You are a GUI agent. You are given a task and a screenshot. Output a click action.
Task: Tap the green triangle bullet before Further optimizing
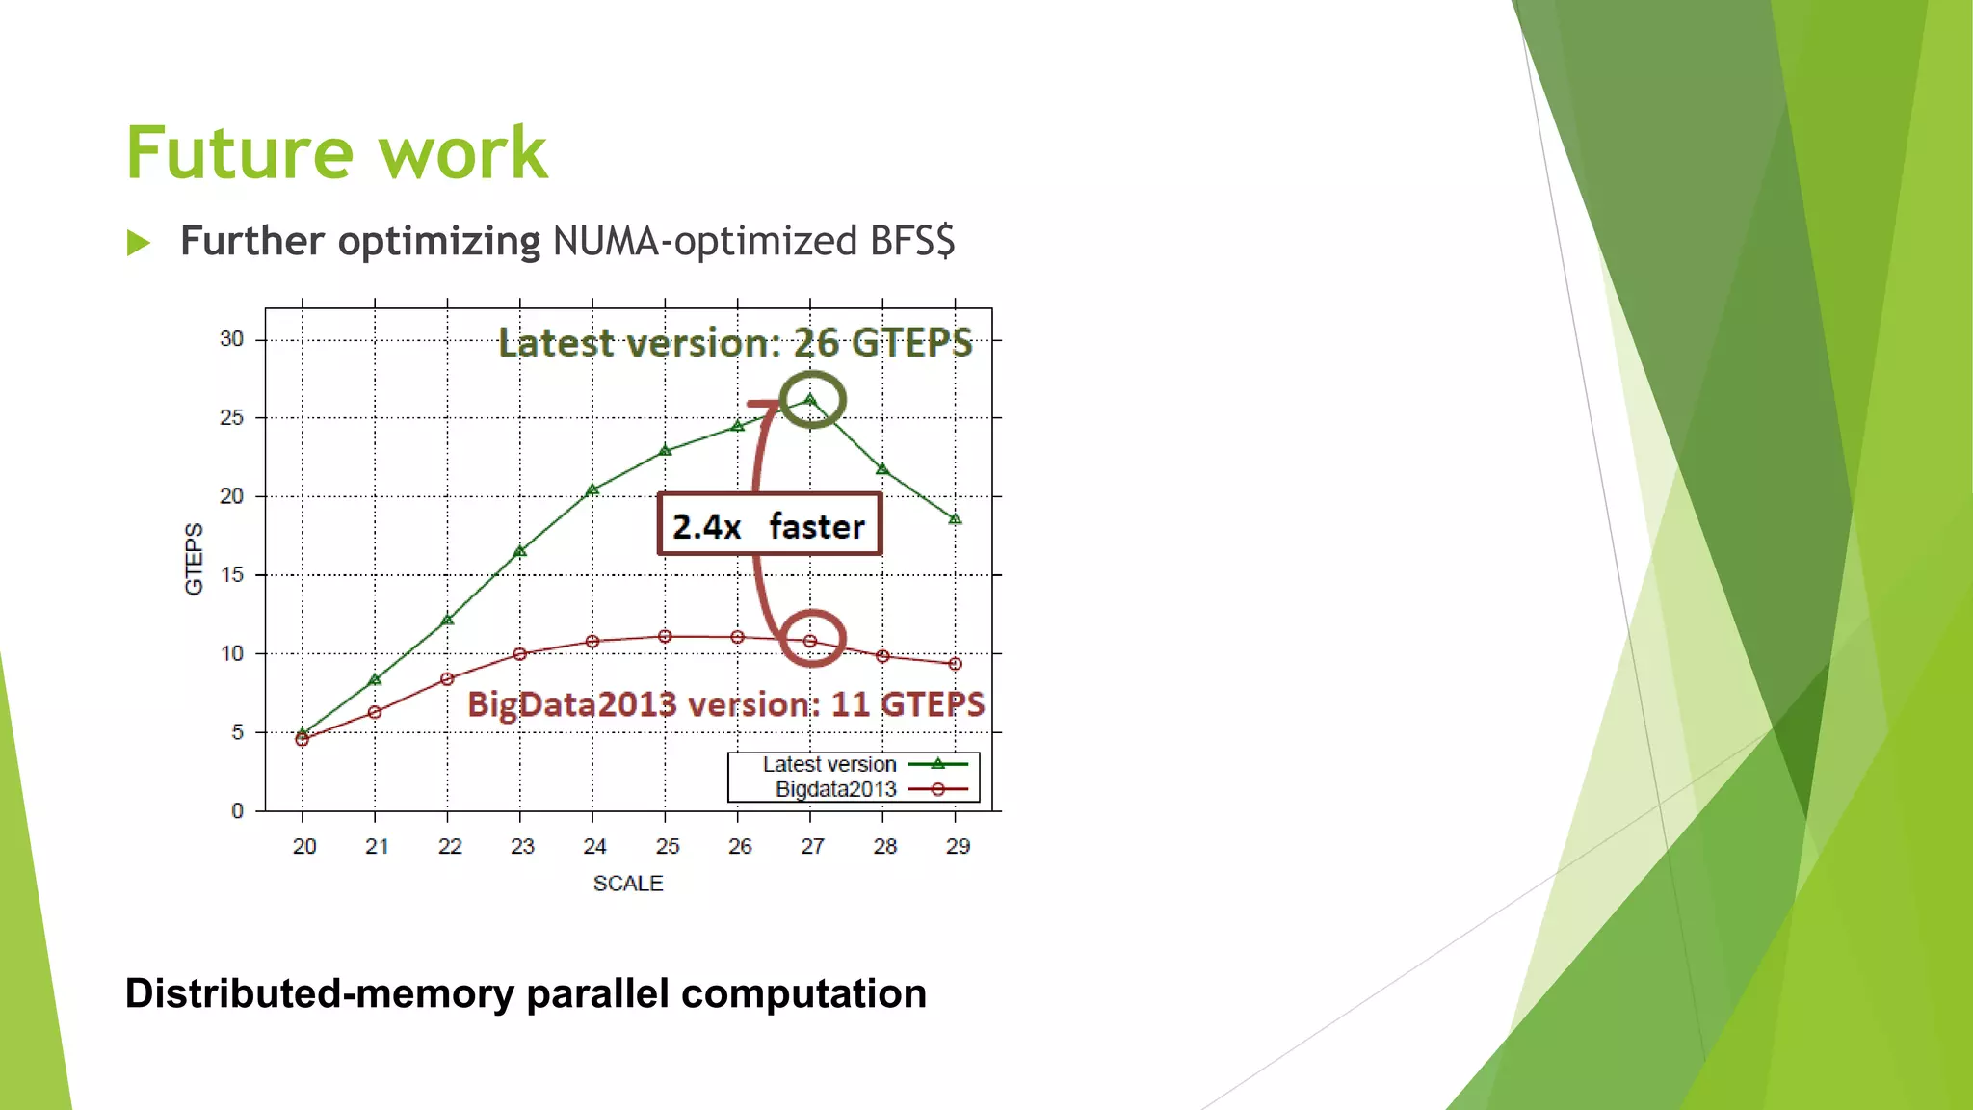[x=139, y=243]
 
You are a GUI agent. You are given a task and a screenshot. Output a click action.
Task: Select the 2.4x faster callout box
[x=769, y=525]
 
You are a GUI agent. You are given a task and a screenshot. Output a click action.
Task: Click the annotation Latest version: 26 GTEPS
[x=735, y=343]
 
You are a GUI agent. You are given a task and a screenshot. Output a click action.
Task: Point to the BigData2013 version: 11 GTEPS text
[x=725, y=704]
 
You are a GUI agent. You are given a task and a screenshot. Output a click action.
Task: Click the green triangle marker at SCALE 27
[x=810, y=400]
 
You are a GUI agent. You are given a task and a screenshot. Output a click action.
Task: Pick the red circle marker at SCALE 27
[x=810, y=641]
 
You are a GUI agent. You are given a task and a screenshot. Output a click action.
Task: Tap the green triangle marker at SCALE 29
[x=955, y=519]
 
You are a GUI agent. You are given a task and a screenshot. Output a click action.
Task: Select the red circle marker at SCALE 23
[x=520, y=654]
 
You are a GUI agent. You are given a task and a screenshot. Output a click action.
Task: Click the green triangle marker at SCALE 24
[x=592, y=490]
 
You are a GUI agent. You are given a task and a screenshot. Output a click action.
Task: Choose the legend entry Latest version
[x=829, y=764]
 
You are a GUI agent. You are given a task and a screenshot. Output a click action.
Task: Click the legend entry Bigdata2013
[x=835, y=789]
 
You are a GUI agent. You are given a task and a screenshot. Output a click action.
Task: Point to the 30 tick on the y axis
[x=231, y=339]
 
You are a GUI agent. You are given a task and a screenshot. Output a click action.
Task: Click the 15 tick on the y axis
[x=231, y=575]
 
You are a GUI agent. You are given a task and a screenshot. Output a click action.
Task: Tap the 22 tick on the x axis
[x=450, y=846]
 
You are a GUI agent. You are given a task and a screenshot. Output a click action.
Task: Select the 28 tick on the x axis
[x=884, y=846]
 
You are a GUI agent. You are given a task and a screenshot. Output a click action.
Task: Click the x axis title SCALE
[x=628, y=884]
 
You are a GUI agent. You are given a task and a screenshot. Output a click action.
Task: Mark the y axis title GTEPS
[x=195, y=559]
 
